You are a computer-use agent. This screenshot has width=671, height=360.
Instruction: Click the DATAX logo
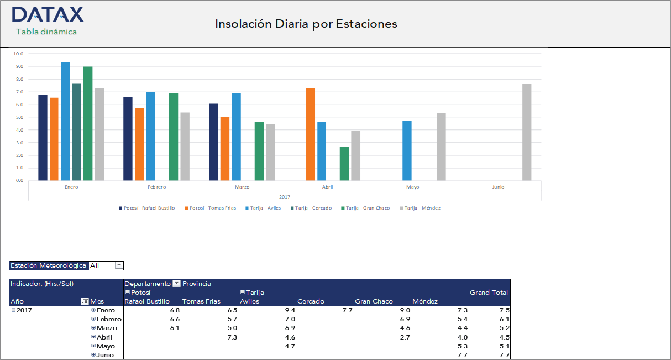coord(48,14)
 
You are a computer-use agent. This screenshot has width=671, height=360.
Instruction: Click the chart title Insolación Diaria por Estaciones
coord(306,24)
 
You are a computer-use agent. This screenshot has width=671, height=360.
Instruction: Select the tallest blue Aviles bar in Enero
coord(65,121)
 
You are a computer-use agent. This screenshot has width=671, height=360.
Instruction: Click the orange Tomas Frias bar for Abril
coord(310,134)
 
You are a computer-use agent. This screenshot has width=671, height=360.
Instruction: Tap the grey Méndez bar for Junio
coord(527,132)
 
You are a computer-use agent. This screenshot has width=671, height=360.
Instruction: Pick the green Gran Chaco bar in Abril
coord(344,164)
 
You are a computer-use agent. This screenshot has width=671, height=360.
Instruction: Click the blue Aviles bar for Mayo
coord(407,150)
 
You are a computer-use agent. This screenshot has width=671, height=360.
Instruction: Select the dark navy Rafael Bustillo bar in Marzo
coord(213,142)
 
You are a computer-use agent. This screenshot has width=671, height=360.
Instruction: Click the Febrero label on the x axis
coord(156,187)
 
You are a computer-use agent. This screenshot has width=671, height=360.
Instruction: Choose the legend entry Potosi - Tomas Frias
coord(212,208)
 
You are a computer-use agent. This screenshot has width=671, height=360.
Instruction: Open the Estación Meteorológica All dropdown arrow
coord(118,265)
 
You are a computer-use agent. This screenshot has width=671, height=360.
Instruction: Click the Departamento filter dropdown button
coord(176,284)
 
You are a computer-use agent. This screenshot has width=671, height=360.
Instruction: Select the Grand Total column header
coord(489,293)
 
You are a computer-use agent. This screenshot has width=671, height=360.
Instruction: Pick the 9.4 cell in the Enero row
coord(290,310)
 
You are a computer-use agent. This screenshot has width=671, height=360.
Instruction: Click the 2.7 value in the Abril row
coord(405,337)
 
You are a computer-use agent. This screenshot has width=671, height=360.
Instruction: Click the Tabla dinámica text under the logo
coord(46,32)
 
